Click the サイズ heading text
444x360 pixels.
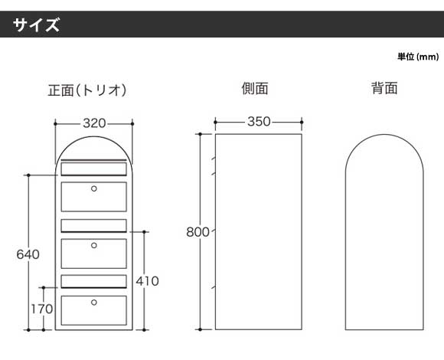click(36, 25)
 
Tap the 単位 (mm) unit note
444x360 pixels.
click(418, 57)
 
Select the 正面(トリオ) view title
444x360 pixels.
click(87, 90)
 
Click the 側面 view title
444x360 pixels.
click(255, 88)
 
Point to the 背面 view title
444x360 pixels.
click(384, 88)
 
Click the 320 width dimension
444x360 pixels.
click(94, 123)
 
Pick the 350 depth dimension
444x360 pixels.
click(259, 122)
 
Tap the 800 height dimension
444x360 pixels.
click(198, 232)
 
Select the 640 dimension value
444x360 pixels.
click(28, 254)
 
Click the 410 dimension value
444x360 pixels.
click(147, 281)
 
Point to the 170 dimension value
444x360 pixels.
click(42, 309)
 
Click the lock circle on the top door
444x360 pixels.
click(94, 188)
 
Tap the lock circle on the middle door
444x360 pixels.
click(94, 246)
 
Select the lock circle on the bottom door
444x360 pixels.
click(94, 303)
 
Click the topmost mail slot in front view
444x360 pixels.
click(93, 169)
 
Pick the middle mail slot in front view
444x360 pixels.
click(93, 226)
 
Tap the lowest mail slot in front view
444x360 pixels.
click(93, 282)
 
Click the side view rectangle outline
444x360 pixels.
click(215, 231)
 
